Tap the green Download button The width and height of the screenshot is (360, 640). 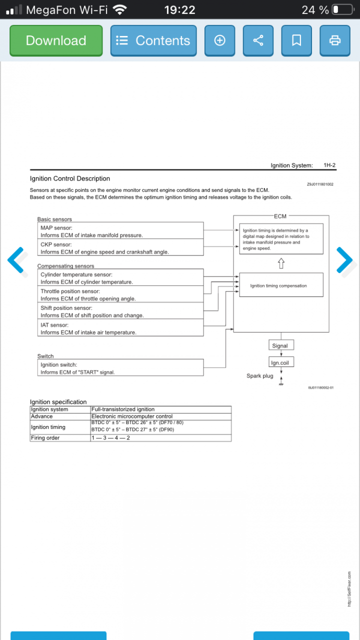56,40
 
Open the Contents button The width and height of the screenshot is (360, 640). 153,40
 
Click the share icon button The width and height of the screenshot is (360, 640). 258,40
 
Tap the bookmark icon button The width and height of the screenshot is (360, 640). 296,40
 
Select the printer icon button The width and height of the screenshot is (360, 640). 335,40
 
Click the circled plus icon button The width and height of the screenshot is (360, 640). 219,40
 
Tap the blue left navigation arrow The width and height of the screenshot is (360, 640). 16,260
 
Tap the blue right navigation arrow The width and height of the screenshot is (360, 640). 344,260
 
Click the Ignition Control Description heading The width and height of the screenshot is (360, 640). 70,178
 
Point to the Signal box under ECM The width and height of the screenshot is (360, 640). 280,345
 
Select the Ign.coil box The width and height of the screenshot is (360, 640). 280,363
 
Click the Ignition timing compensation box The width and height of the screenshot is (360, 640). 281,285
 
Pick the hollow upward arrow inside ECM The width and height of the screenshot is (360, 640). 281,263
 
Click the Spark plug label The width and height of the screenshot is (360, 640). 260,376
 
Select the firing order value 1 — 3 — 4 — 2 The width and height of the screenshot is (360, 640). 110,438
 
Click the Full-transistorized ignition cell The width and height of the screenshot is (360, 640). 123,409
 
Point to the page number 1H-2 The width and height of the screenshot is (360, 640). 329,165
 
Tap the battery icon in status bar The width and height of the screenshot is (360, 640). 342,9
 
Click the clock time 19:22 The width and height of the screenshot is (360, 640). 179,9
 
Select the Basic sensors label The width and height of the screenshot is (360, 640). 54,219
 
